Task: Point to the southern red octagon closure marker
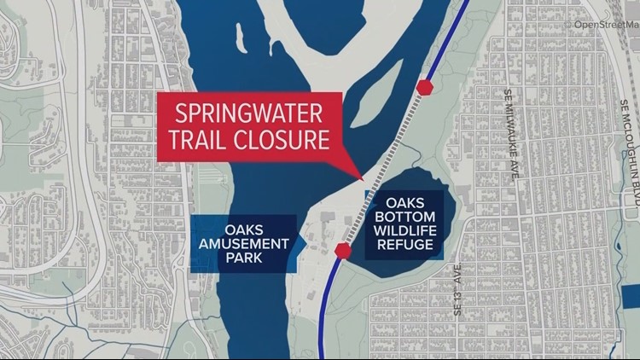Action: tap(344, 250)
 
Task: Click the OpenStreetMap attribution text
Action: tap(605, 24)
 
